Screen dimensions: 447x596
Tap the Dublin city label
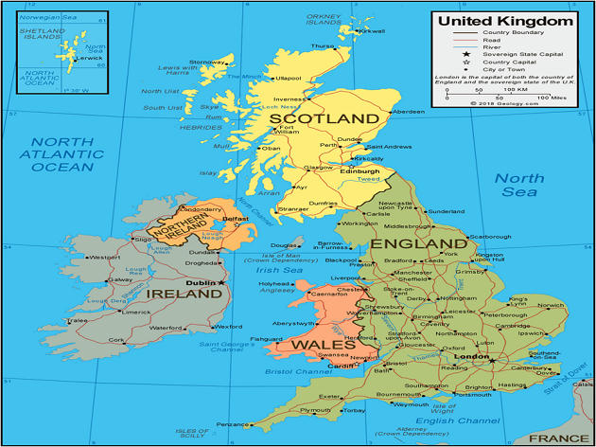click(x=200, y=282)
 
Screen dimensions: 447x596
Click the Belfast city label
click(x=236, y=218)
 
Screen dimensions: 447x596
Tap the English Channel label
click(x=464, y=420)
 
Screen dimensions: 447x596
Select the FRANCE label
click(x=557, y=438)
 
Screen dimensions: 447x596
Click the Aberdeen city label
click(x=409, y=112)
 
